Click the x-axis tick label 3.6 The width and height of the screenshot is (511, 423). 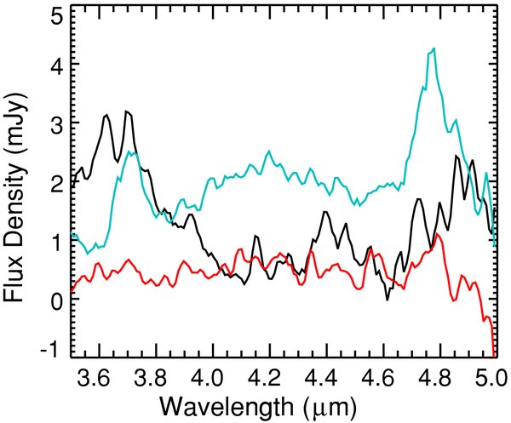point(99,374)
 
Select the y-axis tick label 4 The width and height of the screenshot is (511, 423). point(55,66)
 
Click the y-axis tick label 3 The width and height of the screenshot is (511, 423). point(55,124)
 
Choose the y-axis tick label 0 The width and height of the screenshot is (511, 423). point(55,300)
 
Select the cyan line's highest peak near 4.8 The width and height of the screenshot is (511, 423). point(434,49)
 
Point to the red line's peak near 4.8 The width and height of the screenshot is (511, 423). point(437,233)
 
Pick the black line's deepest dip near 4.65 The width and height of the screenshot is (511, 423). point(388,299)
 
